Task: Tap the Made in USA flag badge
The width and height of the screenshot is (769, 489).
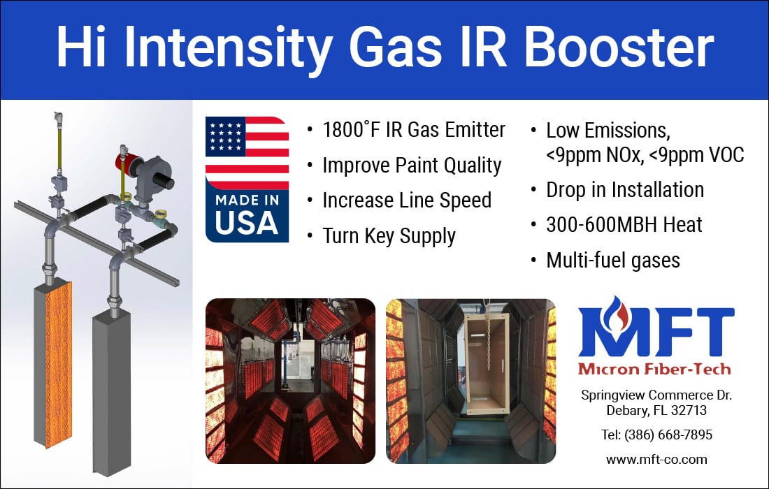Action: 247,180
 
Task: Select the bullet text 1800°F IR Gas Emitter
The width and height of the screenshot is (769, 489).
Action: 413,130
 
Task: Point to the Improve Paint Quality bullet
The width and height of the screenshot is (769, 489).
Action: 412,166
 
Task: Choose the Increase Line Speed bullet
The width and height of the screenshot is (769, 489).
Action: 406,200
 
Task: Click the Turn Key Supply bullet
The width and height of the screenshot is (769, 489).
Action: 389,236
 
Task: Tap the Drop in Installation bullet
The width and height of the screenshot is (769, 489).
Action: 624,190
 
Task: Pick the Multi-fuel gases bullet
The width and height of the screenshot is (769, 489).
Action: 612,261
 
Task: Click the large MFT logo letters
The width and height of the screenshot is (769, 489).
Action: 655,332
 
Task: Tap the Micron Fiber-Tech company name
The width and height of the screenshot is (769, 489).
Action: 654,368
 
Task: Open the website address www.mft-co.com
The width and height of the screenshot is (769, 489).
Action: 656,460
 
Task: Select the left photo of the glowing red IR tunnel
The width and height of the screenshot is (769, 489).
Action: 290,381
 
